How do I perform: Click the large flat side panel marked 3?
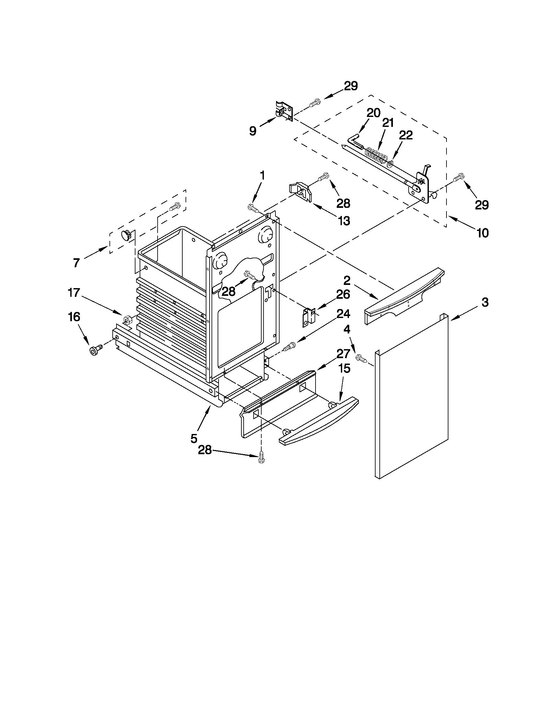412,398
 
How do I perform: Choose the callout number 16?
74,317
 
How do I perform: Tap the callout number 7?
76,263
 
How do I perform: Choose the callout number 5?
194,438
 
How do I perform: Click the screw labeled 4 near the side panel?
361,358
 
